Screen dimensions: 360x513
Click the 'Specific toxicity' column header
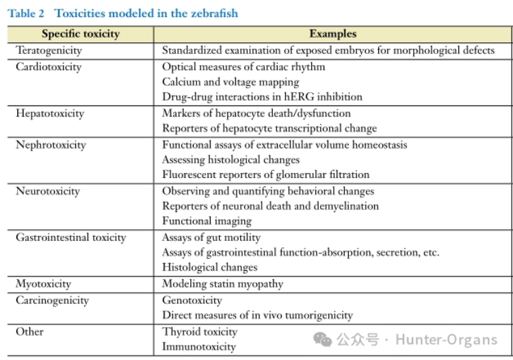80,34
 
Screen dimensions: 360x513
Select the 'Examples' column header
332,34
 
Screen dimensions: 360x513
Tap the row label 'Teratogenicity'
49,50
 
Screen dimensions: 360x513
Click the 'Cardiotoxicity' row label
49,66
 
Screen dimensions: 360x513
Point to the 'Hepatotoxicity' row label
49,113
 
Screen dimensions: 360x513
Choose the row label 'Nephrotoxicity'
51,144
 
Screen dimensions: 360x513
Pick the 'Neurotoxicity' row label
48,191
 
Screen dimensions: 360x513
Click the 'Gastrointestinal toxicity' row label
71,237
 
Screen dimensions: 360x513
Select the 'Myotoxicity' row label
43,283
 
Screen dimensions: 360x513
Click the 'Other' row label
29,331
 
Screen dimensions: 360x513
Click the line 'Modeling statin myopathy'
222,283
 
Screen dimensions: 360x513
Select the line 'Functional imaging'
207,221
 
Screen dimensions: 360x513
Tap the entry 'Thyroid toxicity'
200,331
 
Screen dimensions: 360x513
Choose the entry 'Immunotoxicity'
199,346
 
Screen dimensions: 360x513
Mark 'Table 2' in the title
26,13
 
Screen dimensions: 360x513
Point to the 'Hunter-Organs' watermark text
446,339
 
